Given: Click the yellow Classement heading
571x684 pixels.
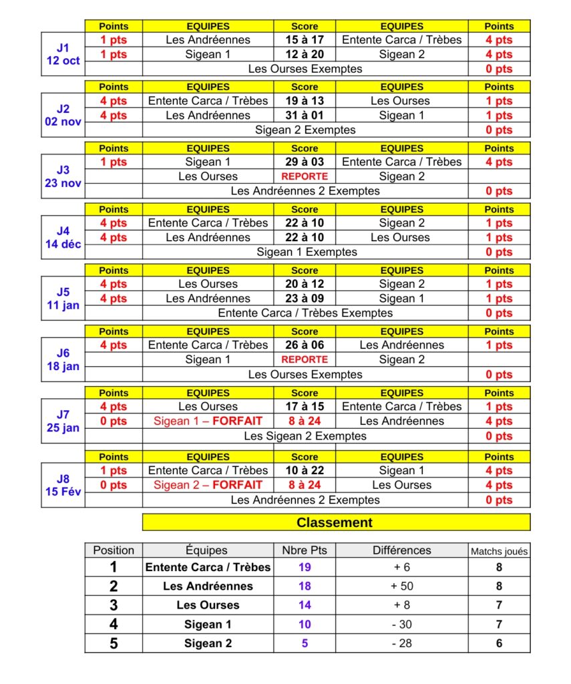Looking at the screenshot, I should [x=335, y=522].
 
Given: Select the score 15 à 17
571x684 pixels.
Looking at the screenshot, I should [x=305, y=39].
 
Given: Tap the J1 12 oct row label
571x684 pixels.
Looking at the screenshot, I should [x=63, y=54].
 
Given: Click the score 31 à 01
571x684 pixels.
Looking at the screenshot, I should [x=305, y=116].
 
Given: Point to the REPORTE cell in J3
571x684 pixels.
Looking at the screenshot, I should [x=305, y=176].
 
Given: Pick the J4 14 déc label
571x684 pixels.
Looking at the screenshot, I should [x=63, y=238].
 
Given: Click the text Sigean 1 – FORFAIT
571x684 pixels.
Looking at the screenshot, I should [x=208, y=421].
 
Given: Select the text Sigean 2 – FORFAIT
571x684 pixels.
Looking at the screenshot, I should [x=208, y=485].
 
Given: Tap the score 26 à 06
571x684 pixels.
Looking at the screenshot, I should [x=305, y=345].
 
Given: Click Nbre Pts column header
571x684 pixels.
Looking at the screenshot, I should [x=305, y=550].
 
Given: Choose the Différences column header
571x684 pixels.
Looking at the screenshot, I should [x=401, y=550].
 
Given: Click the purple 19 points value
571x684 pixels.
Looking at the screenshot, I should [x=305, y=568].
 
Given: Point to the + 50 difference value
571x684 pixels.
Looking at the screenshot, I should [x=401, y=586].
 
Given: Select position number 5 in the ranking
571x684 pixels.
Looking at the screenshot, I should [x=114, y=643].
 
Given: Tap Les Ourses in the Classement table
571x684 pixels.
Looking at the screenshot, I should [x=208, y=605].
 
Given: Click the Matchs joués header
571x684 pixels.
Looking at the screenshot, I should [x=499, y=551].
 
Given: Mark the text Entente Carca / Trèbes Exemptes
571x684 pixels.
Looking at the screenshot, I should [x=305, y=313].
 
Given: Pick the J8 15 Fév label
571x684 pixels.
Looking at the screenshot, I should [x=63, y=486].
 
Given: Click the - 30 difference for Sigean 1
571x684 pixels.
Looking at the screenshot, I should [x=401, y=625].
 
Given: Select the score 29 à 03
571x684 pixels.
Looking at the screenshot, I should [x=305, y=162].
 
